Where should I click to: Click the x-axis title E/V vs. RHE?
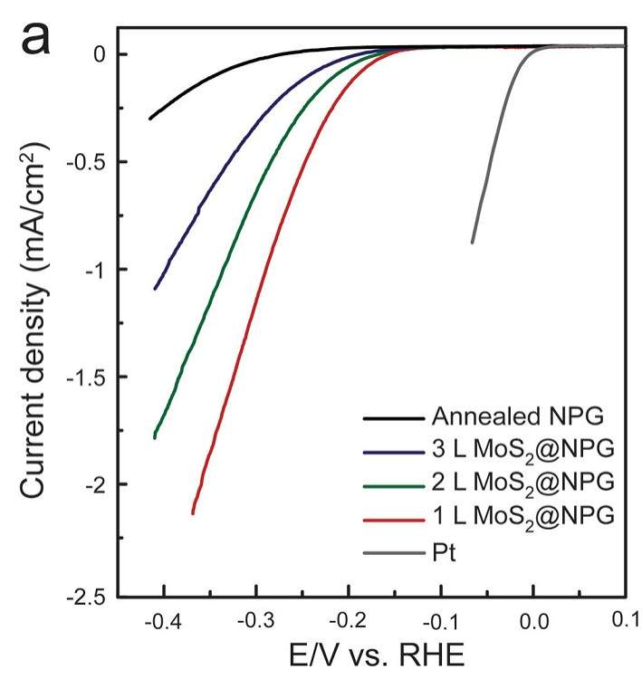(x=364, y=653)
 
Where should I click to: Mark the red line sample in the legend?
(x=392, y=514)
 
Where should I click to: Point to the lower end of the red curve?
(x=193, y=513)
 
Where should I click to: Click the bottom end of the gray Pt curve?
(x=472, y=242)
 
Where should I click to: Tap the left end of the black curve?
(x=149, y=119)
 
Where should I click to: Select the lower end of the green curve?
(x=155, y=438)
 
